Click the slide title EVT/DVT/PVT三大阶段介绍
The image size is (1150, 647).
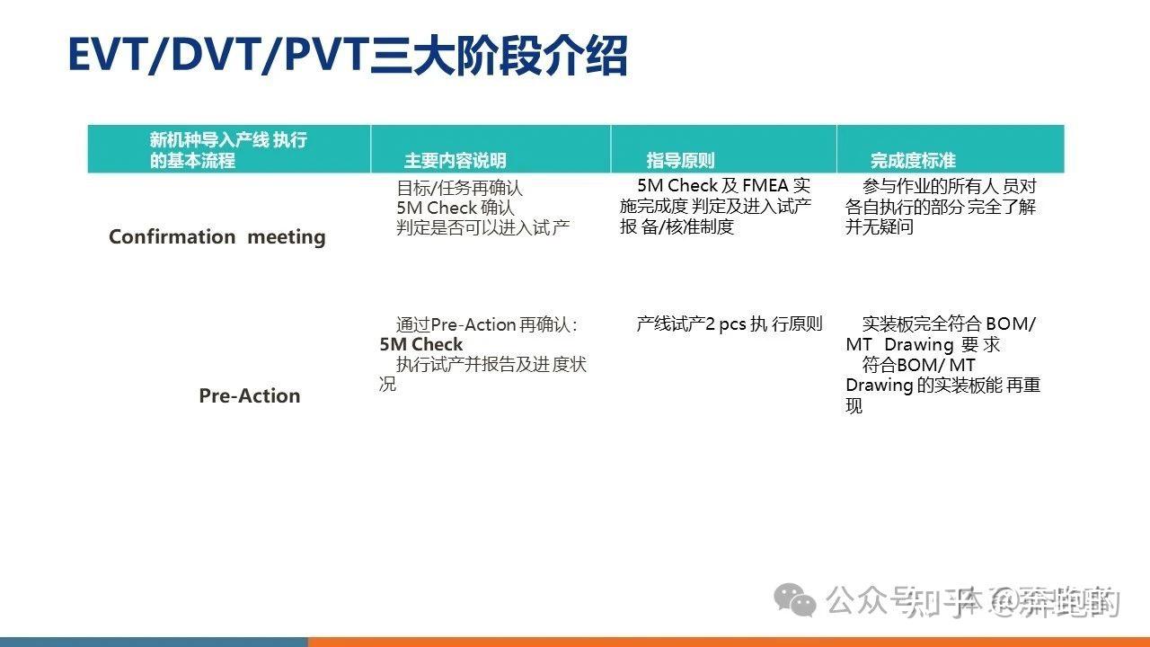(347, 56)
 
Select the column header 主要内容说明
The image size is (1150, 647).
(455, 161)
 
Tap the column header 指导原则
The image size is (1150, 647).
(680, 161)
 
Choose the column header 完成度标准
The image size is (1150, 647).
(912, 161)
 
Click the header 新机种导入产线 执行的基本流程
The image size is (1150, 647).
(228, 150)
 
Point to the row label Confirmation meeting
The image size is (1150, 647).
(217, 237)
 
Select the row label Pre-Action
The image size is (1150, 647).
(249, 396)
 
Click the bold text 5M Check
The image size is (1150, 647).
(420, 345)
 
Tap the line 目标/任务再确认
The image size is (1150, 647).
(459, 189)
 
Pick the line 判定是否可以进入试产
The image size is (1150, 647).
(482, 228)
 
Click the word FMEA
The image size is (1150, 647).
(765, 186)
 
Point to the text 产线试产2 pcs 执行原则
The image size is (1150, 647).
(729, 324)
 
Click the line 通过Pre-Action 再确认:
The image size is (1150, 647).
(486, 324)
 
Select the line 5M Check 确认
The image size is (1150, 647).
(456, 208)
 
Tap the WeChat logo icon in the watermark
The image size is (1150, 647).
(796, 598)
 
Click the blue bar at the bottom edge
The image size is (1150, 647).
(153, 642)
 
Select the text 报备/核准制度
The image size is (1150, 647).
(677, 227)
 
